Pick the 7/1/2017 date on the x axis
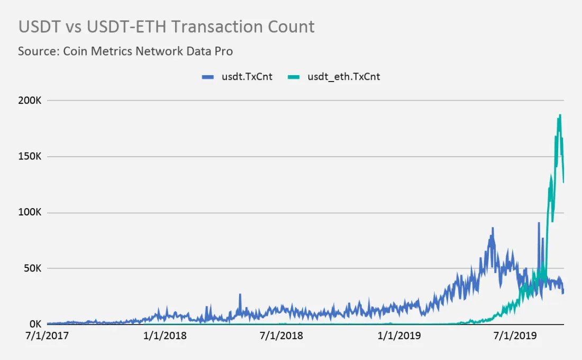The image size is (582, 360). pos(47,336)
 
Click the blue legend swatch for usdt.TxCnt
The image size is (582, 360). pos(208,77)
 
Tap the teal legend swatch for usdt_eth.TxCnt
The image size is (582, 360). pos(294,77)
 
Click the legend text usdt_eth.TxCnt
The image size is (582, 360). pos(343,77)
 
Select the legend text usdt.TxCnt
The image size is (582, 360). pos(247,77)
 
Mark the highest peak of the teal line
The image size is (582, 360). pos(560,115)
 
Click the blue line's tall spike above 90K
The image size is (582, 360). pos(539,223)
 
